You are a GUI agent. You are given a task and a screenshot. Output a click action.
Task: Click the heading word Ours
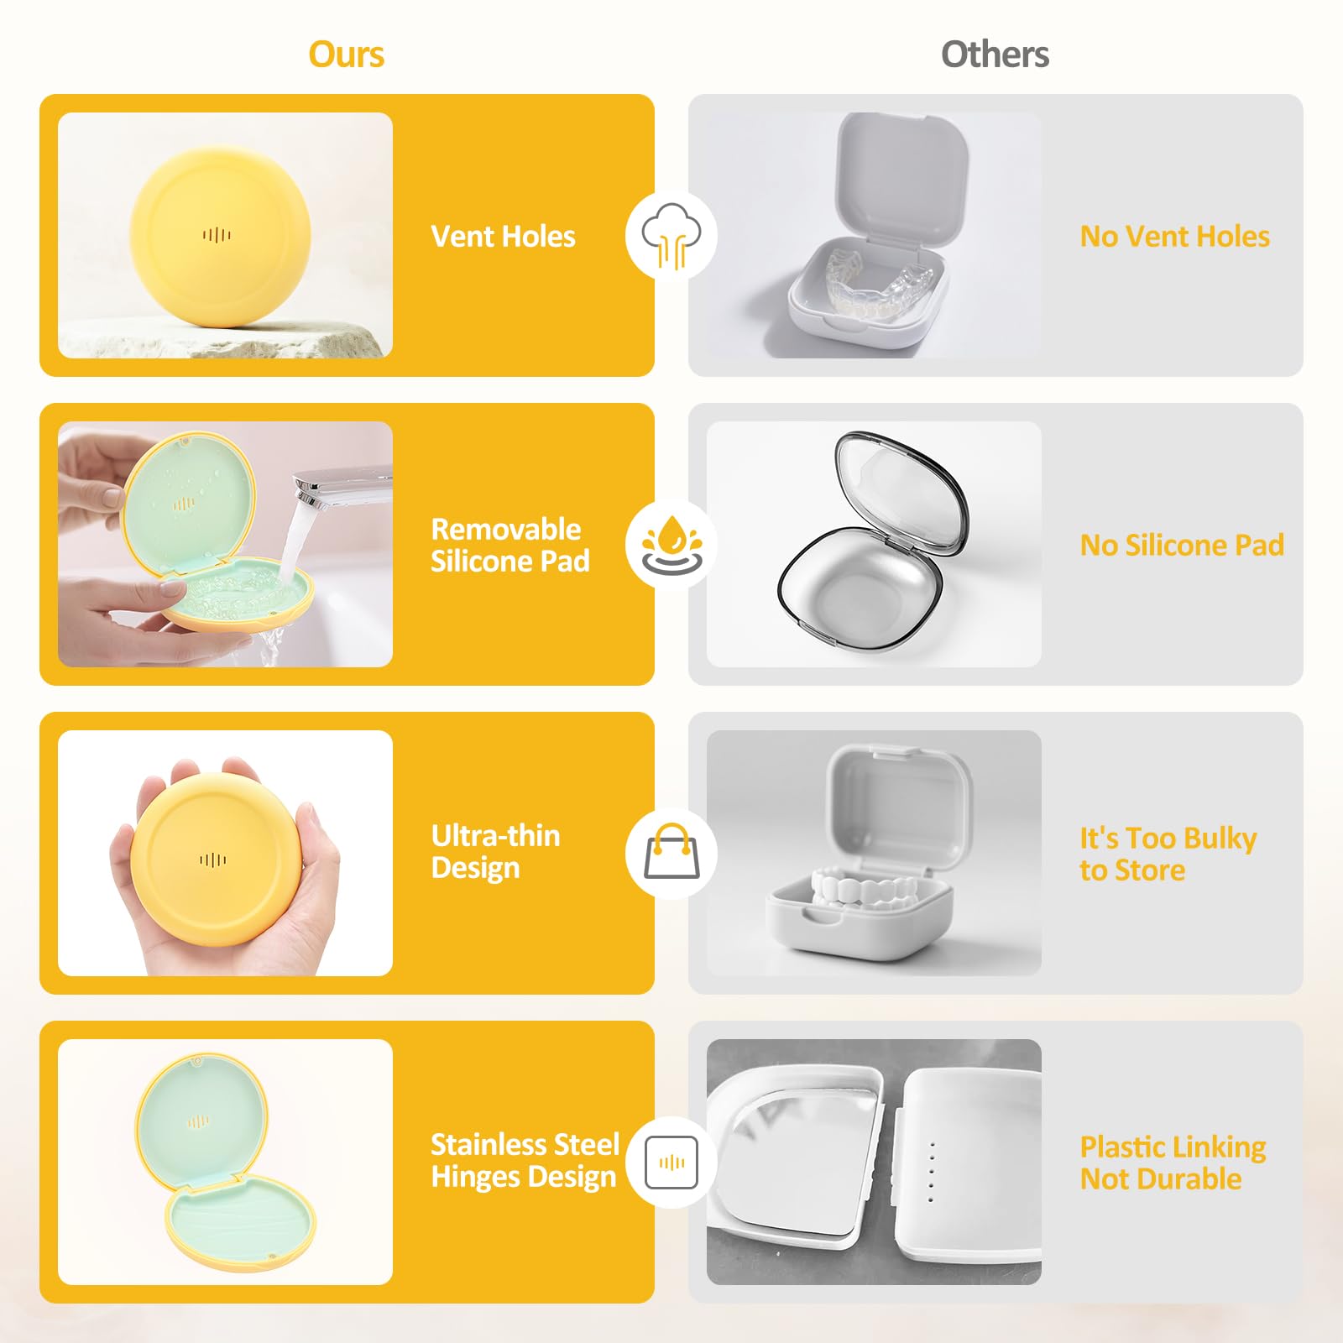(346, 55)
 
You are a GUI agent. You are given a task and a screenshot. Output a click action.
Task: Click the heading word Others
(995, 55)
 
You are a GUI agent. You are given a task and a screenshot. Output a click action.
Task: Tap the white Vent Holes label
(503, 237)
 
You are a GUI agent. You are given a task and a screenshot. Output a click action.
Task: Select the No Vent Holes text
(1174, 237)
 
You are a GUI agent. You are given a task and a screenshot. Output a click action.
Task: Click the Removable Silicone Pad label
(510, 545)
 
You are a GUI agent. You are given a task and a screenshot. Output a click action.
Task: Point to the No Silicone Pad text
(1182, 546)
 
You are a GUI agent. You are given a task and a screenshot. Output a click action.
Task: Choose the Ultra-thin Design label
(495, 852)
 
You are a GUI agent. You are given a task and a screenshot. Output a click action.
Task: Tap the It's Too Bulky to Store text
(1168, 854)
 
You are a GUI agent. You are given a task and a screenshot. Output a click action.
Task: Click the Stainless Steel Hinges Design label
(525, 1161)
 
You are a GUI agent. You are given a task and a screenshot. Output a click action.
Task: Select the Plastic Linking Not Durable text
(1173, 1163)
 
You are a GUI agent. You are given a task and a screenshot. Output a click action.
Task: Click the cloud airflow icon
(671, 236)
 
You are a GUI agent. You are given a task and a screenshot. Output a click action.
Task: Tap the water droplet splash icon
(671, 544)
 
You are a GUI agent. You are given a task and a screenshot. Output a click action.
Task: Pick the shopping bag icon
(671, 851)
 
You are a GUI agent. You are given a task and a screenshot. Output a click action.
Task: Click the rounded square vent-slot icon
(671, 1163)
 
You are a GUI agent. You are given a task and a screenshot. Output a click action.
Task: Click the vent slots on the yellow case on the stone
(216, 235)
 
